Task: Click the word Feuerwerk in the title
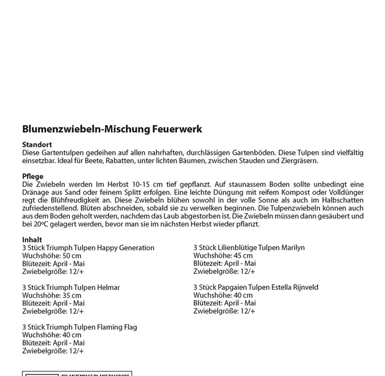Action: pyautogui.click(x=177, y=129)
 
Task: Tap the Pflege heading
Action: pyautogui.click(x=33, y=176)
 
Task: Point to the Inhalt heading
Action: pyautogui.click(x=32, y=240)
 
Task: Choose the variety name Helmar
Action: pyautogui.click(x=109, y=287)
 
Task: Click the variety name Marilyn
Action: pyautogui.click(x=291, y=248)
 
